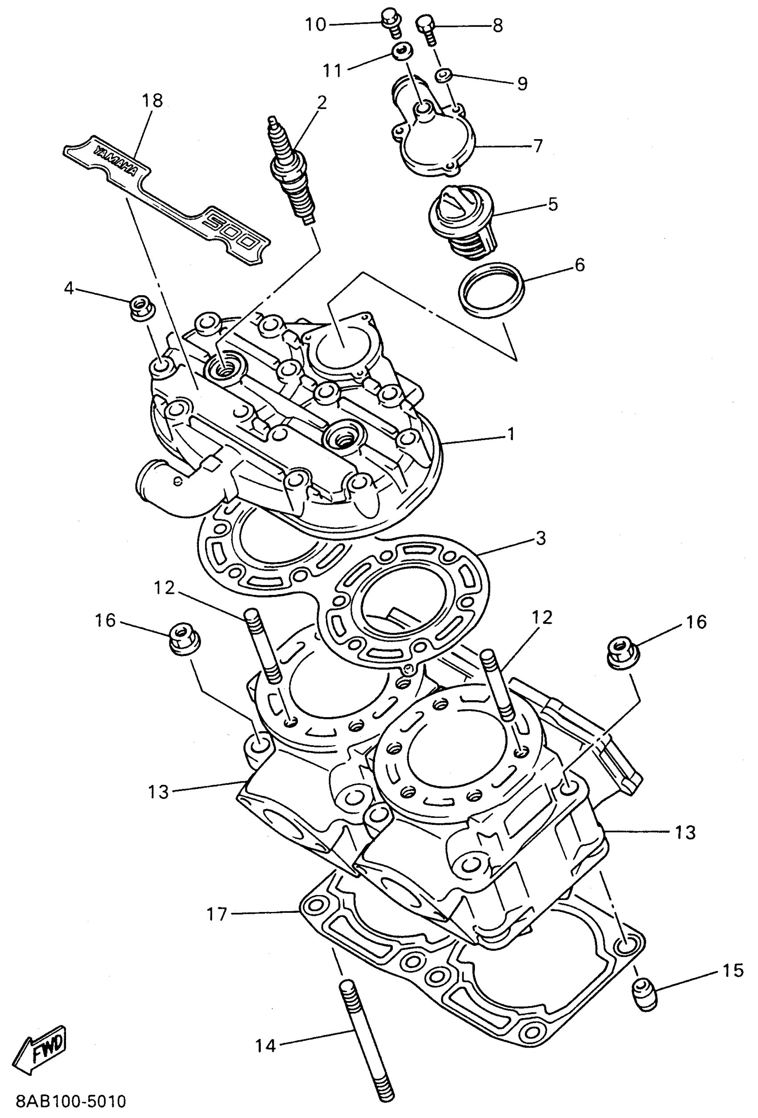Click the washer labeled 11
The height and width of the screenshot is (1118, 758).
point(400,50)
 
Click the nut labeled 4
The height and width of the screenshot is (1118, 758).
point(141,307)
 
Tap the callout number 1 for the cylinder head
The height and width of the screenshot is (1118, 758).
point(511,434)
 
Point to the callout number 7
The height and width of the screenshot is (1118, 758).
point(538,146)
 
